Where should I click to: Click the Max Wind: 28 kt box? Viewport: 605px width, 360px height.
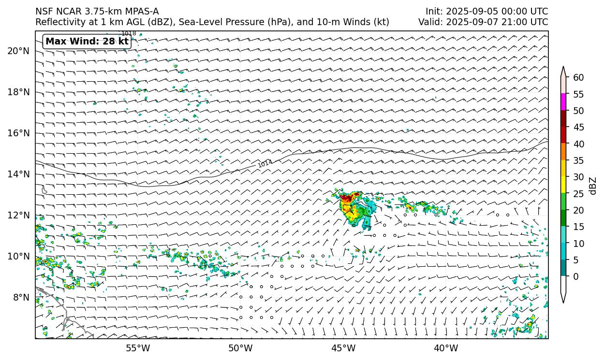point(87,42)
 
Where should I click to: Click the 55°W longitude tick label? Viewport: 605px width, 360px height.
point(138,348)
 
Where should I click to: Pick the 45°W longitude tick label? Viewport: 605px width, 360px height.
point(343,348)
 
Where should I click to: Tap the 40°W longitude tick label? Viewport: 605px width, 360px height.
point(446,348)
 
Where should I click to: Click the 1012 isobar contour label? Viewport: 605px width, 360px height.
point(265,164)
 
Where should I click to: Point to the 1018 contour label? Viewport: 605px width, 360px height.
point(129,33)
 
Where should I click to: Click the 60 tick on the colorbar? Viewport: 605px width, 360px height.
point(578,77)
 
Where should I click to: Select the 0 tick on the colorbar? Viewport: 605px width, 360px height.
point(575,276)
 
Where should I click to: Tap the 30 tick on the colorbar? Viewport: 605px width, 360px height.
point(578,177)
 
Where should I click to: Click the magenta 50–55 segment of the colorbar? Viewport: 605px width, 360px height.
point(563,102)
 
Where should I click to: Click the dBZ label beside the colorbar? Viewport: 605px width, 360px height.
point(593,186)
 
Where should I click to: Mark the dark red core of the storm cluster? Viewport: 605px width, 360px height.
point(346,197)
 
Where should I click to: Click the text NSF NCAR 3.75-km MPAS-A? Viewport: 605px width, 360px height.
point(97,11)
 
